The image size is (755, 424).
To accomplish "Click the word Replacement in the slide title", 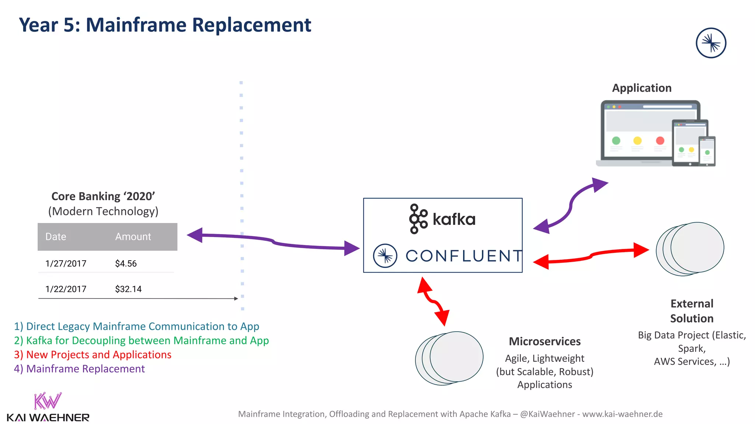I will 251,25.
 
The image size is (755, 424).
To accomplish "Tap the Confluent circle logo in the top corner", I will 711,43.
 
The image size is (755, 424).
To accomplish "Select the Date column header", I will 56,237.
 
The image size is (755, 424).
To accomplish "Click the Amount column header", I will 133,237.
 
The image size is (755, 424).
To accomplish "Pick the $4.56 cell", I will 126,264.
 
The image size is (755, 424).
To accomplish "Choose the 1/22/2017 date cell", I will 66,289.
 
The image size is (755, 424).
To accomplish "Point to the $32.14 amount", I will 128,289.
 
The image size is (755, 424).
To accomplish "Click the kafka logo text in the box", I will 453,219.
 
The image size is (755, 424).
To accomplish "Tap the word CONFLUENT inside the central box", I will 464,256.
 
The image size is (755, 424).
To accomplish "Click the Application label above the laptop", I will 641,88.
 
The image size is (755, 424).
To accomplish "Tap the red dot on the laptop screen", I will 660,141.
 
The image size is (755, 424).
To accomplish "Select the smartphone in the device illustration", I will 707,151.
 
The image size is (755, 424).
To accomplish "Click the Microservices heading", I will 544,342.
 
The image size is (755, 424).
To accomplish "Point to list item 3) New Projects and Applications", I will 93,355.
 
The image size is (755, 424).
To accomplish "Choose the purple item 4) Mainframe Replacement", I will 79,369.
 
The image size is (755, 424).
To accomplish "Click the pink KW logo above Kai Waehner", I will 48,401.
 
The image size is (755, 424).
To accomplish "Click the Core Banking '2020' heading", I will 103,197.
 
